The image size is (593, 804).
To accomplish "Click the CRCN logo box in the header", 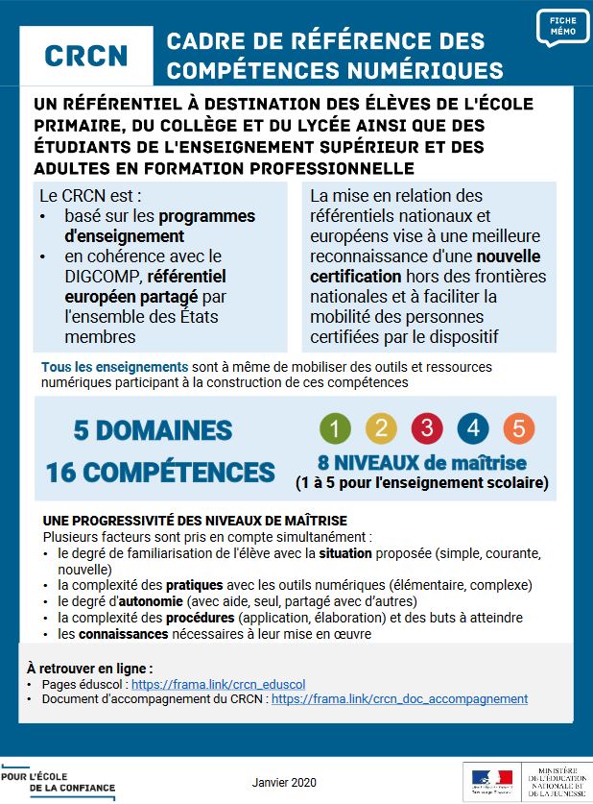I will click(85, 56).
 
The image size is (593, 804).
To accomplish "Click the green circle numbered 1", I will click(335, 428).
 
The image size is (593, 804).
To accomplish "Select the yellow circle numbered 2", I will click(381, 428).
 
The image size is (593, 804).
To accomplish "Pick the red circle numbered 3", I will click(427, 428).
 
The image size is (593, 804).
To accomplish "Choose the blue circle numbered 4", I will click(473, 428).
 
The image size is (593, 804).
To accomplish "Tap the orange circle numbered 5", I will click(518, 428).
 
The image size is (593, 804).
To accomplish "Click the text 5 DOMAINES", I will click(153, 430).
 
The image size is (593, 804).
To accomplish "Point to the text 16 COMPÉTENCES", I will click(160, 472).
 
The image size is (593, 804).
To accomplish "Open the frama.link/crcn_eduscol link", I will click(218, 685).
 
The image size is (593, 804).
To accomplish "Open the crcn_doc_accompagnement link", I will click(399, 699).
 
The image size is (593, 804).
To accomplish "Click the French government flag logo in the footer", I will click(492, 780).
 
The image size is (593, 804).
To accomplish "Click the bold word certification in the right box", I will click(354, 277).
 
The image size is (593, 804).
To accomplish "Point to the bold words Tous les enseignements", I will click(114, 367).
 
